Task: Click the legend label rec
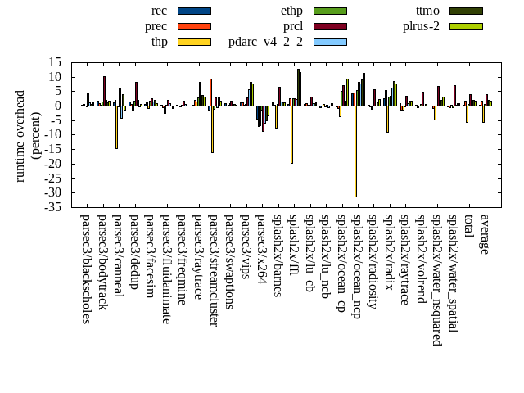(160, 11)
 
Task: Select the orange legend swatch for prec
(194, 26)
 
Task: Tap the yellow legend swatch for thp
(194, 42)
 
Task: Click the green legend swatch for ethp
(330, 11)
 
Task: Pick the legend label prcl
(292, 26)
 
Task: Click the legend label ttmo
(427, 11)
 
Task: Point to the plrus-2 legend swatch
(466, 26)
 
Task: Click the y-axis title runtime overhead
(20, 135)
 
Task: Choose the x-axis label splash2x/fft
(292, 246)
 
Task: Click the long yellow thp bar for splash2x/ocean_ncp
(355, 151)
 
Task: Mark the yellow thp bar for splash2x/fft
(291, 134)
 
